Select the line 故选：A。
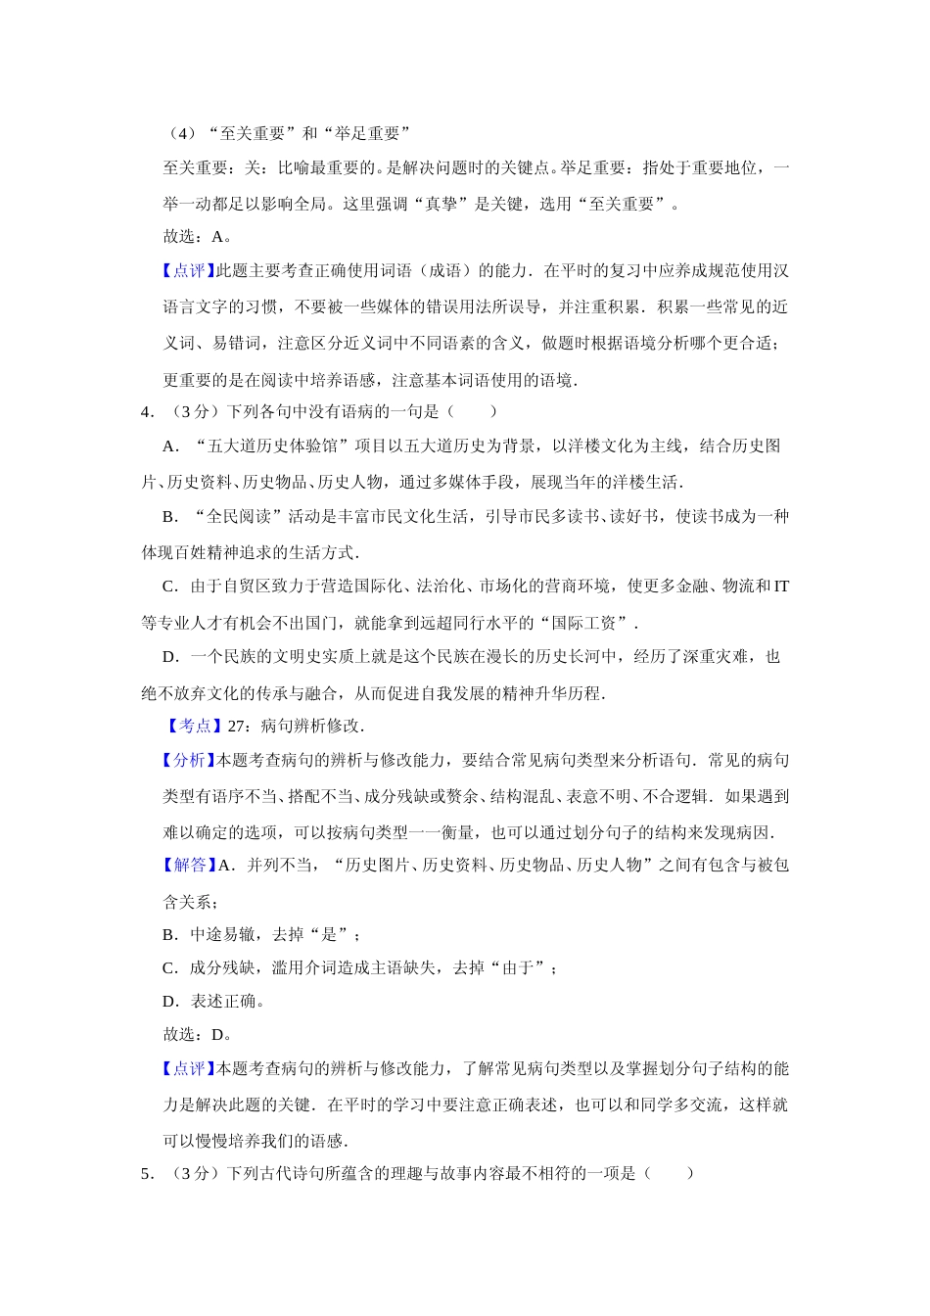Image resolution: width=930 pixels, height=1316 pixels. coord(197,236)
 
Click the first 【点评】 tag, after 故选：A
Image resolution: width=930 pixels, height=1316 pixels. coord(185,271)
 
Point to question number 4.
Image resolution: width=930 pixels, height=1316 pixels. coord(147,411)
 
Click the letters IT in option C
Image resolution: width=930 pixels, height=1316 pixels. coord(781,587)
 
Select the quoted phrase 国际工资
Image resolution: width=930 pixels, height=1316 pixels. coord(587,623)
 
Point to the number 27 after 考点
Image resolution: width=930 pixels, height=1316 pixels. coord(236,726)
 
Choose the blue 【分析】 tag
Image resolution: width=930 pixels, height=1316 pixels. coord(185,760)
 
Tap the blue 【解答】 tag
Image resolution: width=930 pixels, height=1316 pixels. coord(185,865)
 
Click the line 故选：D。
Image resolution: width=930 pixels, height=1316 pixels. coord(197,1034)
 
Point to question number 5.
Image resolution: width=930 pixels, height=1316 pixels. coord(147,1173)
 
